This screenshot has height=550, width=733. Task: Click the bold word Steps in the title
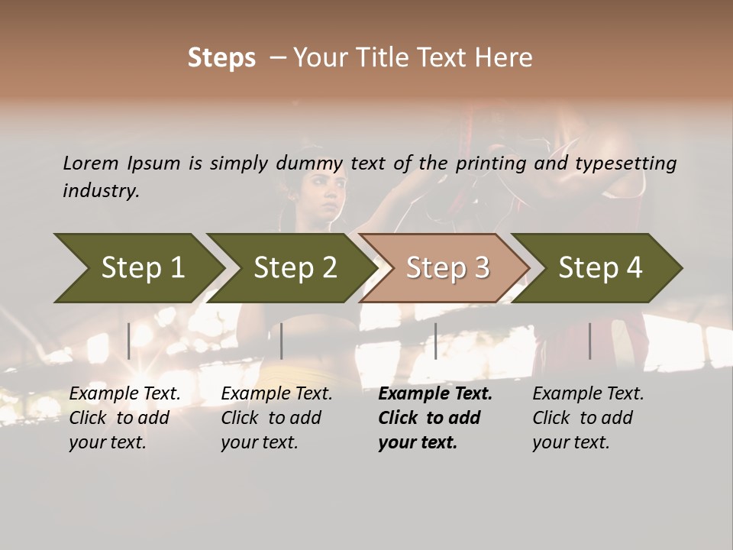[x=221, y=58]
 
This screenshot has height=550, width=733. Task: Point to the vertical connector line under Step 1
[x=129, y=341]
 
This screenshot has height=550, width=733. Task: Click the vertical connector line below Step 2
[x=282, y=341]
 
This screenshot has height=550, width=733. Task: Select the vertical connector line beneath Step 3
[x=436, y=341]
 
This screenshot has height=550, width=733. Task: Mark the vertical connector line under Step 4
[x=590, y=341]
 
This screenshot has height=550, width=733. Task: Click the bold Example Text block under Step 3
[x=435, y=418]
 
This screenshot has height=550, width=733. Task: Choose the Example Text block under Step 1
[x=124, y=418]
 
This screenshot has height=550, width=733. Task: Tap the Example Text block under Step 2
[x=276, y=418]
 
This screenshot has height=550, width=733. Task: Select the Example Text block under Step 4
[x=588, y=418]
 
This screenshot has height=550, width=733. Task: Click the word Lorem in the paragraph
[x=90, y=163]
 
